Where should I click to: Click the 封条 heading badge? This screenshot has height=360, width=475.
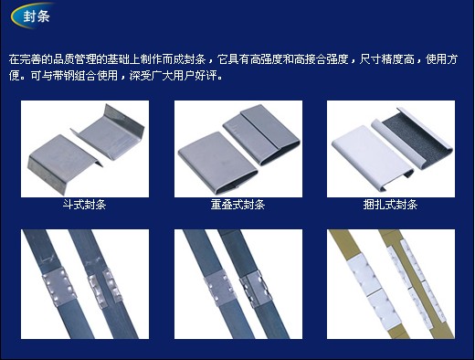coord(32,16)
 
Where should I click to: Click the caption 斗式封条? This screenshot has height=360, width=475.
coord(84,205)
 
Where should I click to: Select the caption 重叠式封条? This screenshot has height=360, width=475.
coord(237,205)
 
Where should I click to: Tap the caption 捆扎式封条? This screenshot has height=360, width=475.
coord(390,205)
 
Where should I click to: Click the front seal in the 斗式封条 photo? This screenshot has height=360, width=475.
coord(62,162)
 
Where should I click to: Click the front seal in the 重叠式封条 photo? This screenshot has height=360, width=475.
coord(216,163)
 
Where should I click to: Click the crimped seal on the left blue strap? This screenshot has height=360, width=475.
coord(59,286)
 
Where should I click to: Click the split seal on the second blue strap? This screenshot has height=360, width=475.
coord(105,288)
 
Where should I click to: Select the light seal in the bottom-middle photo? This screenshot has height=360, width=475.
coord(220,287)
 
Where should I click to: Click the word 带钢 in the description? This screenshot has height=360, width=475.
coord(58,76)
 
